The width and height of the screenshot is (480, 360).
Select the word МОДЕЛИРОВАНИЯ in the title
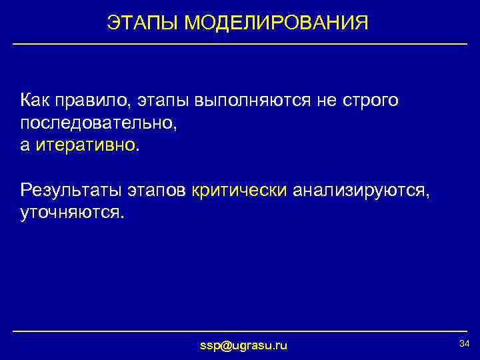[276, 23]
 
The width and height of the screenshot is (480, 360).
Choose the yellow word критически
[239, 191]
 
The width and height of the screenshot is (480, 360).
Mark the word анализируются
[361, 191]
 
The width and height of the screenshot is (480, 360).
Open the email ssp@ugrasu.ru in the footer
[244, 345]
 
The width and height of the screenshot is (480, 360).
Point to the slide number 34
[465, 343]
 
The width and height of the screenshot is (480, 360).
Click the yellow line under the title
[240, 44]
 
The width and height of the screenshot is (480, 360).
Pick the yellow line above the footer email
[240, 331]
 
